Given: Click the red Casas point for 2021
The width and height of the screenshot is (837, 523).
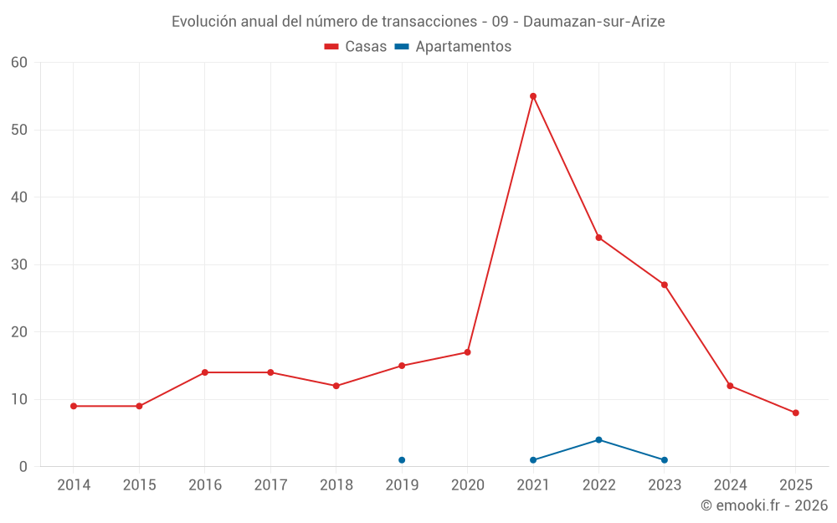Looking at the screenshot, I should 533,96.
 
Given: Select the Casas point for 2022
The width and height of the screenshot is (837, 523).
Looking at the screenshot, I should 598,238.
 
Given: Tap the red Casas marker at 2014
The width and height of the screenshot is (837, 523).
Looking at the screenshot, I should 74,406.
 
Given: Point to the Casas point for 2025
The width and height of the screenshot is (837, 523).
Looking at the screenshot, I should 795,413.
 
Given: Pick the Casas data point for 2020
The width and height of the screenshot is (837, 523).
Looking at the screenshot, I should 467,352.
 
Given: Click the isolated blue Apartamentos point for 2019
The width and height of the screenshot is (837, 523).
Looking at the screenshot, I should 402,460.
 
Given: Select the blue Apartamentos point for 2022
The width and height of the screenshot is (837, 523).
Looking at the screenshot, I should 598,439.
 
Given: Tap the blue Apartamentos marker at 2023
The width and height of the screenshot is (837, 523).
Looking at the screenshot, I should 665,460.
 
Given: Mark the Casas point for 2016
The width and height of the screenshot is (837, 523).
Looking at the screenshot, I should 205,372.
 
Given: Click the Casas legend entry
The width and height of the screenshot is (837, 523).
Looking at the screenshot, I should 356,47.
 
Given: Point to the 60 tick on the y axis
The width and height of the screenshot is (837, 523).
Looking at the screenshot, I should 19,63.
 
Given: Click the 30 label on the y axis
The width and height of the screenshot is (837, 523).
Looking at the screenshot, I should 19,264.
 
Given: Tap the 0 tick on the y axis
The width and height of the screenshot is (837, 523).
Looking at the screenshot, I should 23,467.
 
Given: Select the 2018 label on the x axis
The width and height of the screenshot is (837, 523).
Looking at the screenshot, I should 336,485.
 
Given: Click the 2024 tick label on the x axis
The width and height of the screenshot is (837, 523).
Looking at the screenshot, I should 730,485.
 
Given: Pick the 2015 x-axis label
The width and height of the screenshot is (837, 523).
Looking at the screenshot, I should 139,485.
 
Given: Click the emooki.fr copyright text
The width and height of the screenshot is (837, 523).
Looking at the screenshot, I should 764,505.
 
